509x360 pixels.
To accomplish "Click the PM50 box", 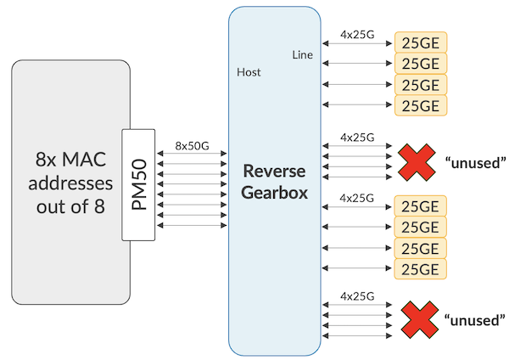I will click(139, 183).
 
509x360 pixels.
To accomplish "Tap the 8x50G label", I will click(192, 145).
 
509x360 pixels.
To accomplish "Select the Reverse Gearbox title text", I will click(275, 180).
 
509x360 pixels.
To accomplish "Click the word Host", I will click(249, 72).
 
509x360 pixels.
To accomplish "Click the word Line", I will click(301, 55).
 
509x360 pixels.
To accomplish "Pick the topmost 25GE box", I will click(420, 42).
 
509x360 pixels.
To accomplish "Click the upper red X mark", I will click(417, 160).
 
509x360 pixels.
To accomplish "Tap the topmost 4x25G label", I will click(356, 36).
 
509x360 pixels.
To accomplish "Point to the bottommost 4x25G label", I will click(356, 295).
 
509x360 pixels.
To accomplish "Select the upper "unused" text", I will click(474, 161).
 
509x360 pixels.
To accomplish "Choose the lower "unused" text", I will click(474, 320).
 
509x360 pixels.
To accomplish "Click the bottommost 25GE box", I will click(420, 268).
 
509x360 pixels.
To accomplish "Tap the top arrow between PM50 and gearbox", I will click(192, 155).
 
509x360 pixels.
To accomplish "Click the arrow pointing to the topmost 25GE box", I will click(356, 43).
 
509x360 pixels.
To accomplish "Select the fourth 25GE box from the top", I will click(420, 105).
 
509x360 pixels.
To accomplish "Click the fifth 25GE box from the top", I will click(420, 206).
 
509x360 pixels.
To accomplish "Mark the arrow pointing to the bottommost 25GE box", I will click(356, 269).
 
